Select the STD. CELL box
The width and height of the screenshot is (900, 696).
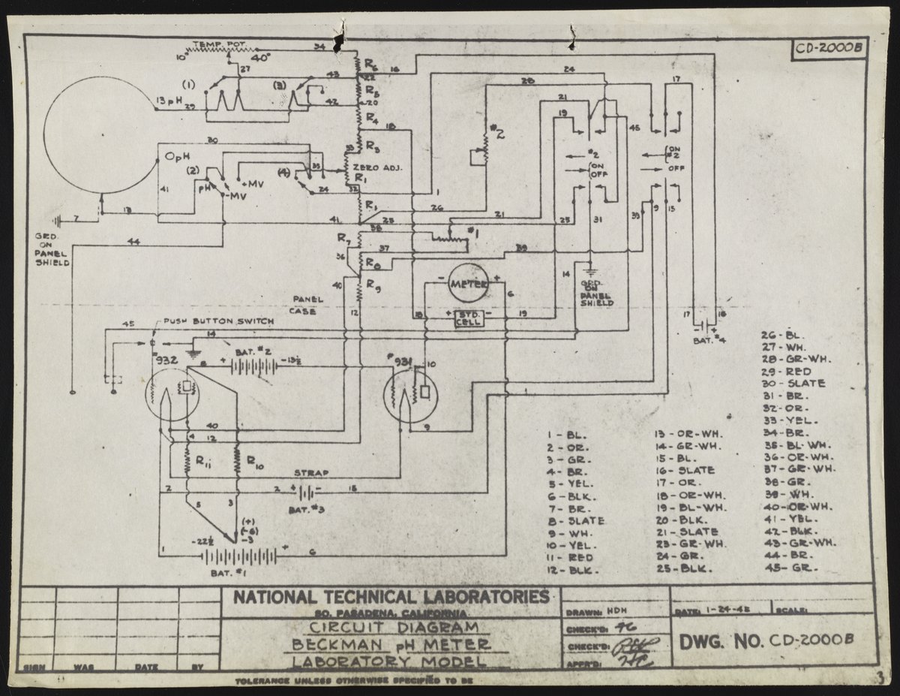pyautogui.click(x=468, y=318)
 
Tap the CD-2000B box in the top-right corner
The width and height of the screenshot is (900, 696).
pyautogui.click(x=829, y=47)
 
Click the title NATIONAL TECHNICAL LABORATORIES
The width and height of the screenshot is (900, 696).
pyautogui.click(x=390, y=598)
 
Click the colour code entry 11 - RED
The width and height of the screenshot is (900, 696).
pyautogui.click(x=571, y=558)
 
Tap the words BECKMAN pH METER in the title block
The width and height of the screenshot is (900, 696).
pyautogui.click(x=389, y=645)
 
